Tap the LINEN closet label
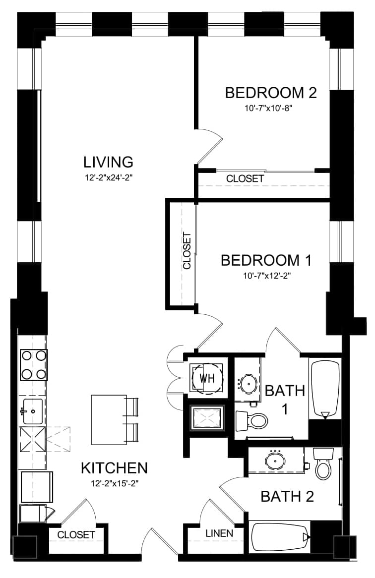tap(219, 533)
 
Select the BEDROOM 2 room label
tap(271, 93)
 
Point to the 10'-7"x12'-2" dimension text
tap(265, 276)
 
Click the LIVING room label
tap(108, 162)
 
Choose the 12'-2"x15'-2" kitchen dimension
tap(115, 483)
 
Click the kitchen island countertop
tap(109, 420)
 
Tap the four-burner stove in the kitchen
tap(34, 365)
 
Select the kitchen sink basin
tap(33, 411)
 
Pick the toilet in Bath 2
tap(324, 463)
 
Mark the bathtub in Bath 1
tap(325, 390)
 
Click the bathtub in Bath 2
tap(280, 537)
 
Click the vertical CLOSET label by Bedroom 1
tap(187, 251)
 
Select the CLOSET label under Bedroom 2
tap(245, 179)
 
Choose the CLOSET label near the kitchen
tap(76, 534)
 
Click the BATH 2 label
tap(287, 496)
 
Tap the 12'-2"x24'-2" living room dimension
tap(108, 177)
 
